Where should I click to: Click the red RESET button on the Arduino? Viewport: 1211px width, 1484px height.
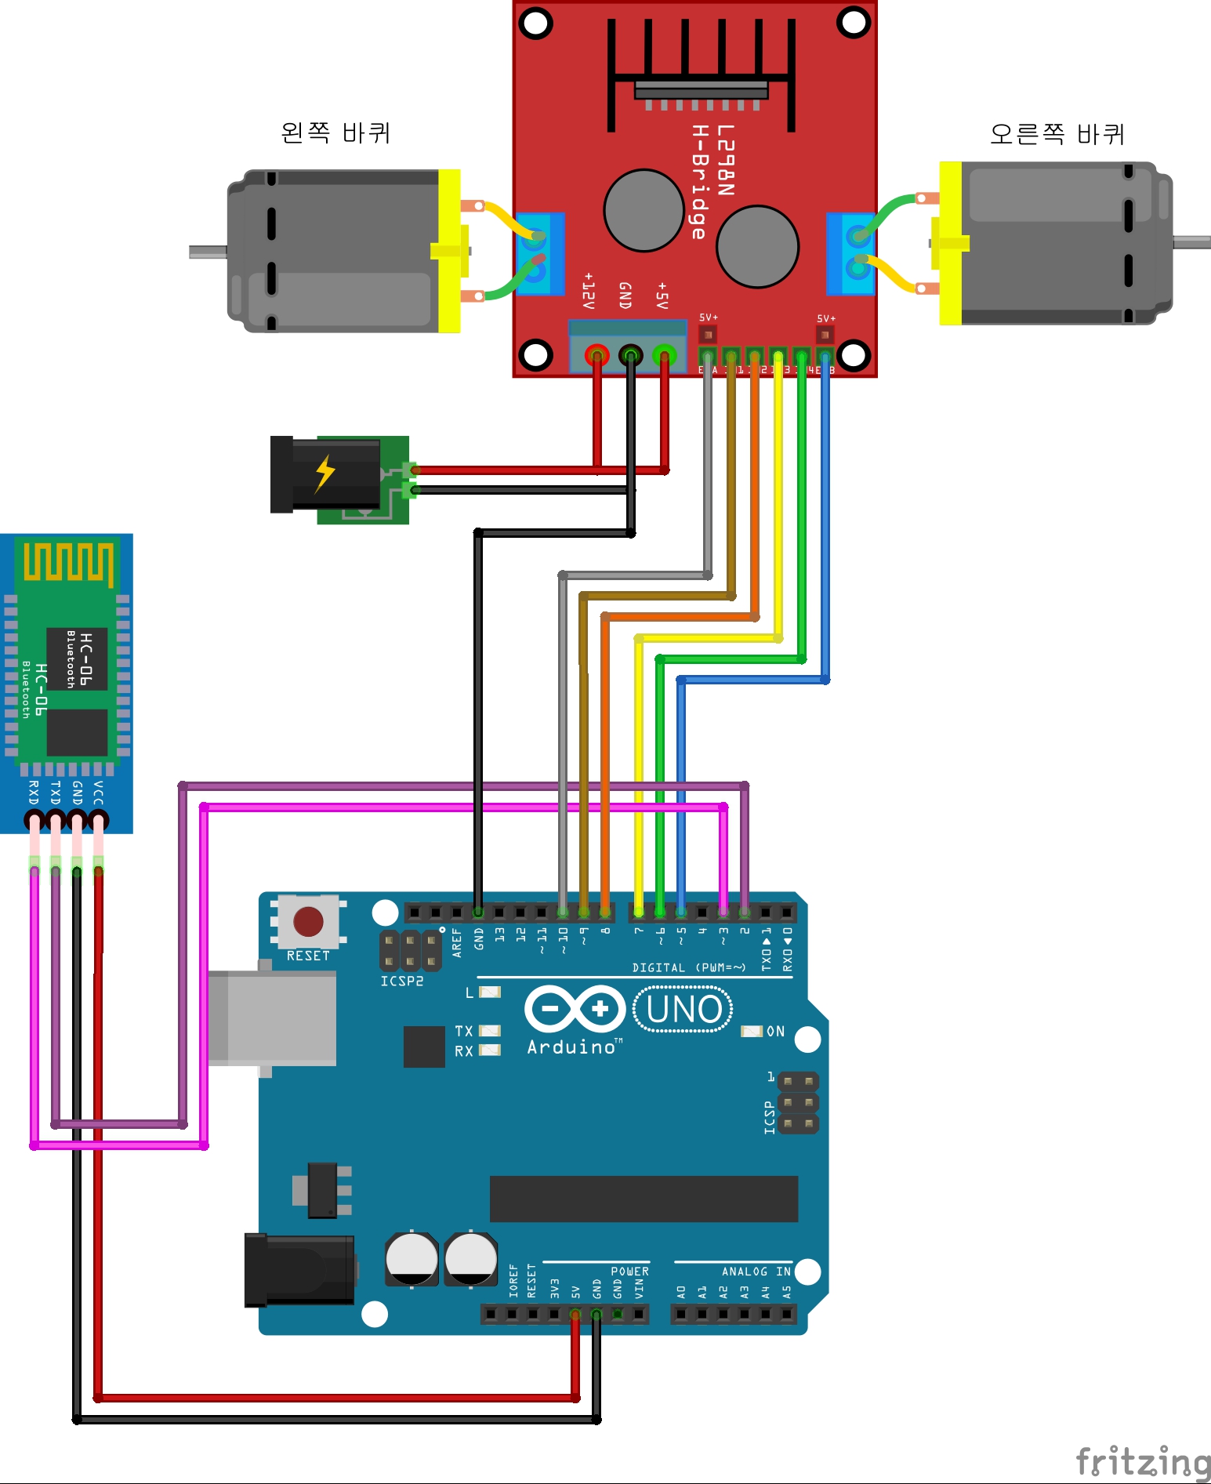(x=308, y=922)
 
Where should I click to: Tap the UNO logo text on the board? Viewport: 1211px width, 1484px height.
(x=683, y=1010)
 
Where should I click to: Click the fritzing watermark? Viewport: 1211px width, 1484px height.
(x=1143, y=1461)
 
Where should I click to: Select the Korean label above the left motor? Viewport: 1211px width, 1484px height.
(x=335, y=132)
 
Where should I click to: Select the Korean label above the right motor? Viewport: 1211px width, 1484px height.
(x=1057, y=134)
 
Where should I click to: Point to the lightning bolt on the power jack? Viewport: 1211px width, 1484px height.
(x=325, y=474)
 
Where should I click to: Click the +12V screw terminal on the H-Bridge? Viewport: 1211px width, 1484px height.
(x=597, y=355)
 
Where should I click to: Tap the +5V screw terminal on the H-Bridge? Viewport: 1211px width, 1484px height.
(x=664, y=355)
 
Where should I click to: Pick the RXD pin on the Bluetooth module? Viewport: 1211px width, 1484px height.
(x=34, y=821)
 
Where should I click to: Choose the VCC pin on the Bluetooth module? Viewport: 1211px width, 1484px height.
(x=99, y=821)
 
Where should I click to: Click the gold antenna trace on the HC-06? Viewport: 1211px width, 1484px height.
(x=68, y=561)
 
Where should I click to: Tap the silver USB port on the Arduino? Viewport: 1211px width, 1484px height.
(x=272, y=1018)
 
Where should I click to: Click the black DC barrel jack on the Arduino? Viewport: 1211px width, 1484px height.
(x=299, y=1270)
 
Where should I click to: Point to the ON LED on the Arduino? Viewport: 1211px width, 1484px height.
(x=752, y=1031)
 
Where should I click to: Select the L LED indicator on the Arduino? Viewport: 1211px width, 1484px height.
(x=490, y=992)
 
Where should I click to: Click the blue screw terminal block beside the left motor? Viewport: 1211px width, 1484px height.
(x=540, y=254)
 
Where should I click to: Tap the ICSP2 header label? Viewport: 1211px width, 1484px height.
(x=401, y=981)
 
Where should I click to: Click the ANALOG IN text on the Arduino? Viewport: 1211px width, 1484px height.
(x=756, y=1272)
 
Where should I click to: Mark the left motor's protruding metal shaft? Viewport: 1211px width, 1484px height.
(x=208, y=252)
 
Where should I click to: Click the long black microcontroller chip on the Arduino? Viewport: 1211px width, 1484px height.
(x=644, y=1199)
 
